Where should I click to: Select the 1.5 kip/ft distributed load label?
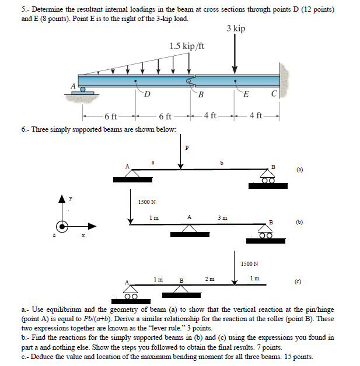pos(186,46)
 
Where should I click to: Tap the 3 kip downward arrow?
pos(235,52)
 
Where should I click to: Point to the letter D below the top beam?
pos(148,94)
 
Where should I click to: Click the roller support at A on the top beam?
pos(83,90)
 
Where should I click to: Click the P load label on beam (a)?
pos(186,147)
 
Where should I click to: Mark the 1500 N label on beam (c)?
pos(249,263)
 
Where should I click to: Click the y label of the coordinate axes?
pos(70,198)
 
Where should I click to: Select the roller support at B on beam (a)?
pos(268,178)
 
